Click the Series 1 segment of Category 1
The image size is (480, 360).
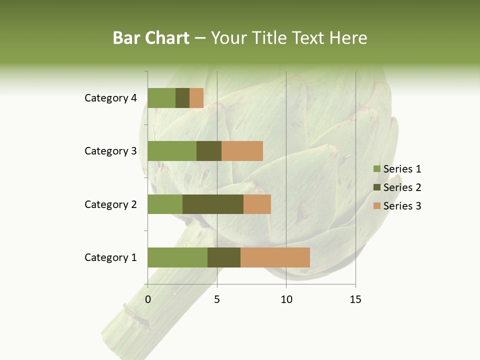click(x=177, y=257)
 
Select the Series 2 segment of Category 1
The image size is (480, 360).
click(x=224, y=257)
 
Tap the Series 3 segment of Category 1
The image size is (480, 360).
click(x=275, y=257)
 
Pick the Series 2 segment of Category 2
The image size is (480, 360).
click(x=213, y=204)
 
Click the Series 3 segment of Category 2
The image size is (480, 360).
click(x=257, y=204)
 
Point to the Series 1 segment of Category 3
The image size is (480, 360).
click(x=172, y=151)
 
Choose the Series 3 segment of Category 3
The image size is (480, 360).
click(x=242, y=151)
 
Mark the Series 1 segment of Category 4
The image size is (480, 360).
click(x=161, y=98)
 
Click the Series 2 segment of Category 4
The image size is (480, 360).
click(x=182, y=98)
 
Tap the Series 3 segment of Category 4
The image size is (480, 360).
click(x=196, y=98)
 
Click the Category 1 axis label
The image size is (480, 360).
click(x=110, y=257)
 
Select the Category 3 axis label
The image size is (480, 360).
click(x=110, y=151)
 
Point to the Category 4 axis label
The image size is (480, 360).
click(x=110, y=98)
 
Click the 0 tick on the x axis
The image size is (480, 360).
click(x=148, y=299)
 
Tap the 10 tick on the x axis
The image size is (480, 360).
click(x=286, y=299)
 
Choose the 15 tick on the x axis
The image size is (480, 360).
click(x=355, y=299)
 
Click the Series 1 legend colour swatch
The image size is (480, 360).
click(x=376, y=169)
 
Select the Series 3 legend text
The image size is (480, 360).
click(x=402, y=206)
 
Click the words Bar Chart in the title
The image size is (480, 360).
click(x=151, y=38)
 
